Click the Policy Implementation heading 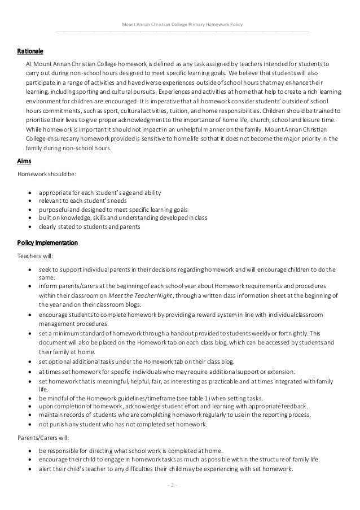click(47, 243)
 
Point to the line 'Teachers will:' click(33, 255)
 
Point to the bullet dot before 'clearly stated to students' click(29, 226)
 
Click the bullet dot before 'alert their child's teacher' click(29, 470)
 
